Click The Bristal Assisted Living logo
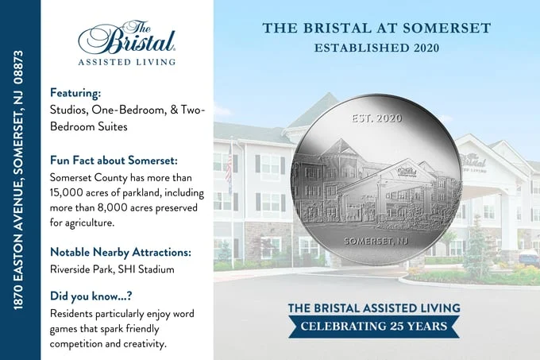(x=127, y=42)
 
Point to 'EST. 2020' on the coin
(x=376, y=119)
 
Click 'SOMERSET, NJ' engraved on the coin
(x=376, y=240)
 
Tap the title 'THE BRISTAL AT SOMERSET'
(x=376, y=29)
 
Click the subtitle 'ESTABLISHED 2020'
(x=376, y=48)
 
